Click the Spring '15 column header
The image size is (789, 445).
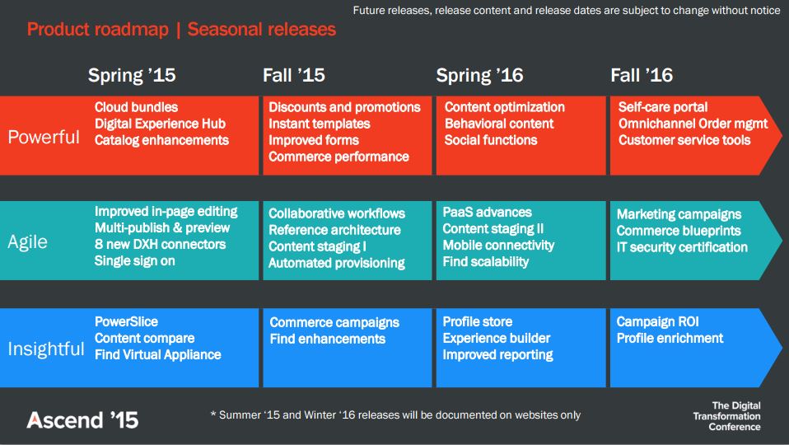132,76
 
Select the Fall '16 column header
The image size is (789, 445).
642,76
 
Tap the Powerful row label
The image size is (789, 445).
44,137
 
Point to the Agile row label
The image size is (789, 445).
28,242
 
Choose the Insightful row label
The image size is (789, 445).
46,349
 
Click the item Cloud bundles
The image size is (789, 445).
137,107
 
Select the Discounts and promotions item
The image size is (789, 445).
345,107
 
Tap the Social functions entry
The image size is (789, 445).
491,140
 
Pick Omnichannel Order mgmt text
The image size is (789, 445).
693,124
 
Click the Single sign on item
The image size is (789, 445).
135,260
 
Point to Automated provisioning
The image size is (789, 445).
337,263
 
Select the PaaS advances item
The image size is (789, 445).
487,212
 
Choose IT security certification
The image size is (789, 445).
682,247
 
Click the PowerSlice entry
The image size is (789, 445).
126,321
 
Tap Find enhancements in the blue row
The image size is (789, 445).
328,339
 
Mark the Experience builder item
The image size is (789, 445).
497,338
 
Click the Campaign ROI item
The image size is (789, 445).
658,321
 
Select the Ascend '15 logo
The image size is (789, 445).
82,420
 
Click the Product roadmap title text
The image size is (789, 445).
98,30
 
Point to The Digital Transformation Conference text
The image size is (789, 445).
726,416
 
